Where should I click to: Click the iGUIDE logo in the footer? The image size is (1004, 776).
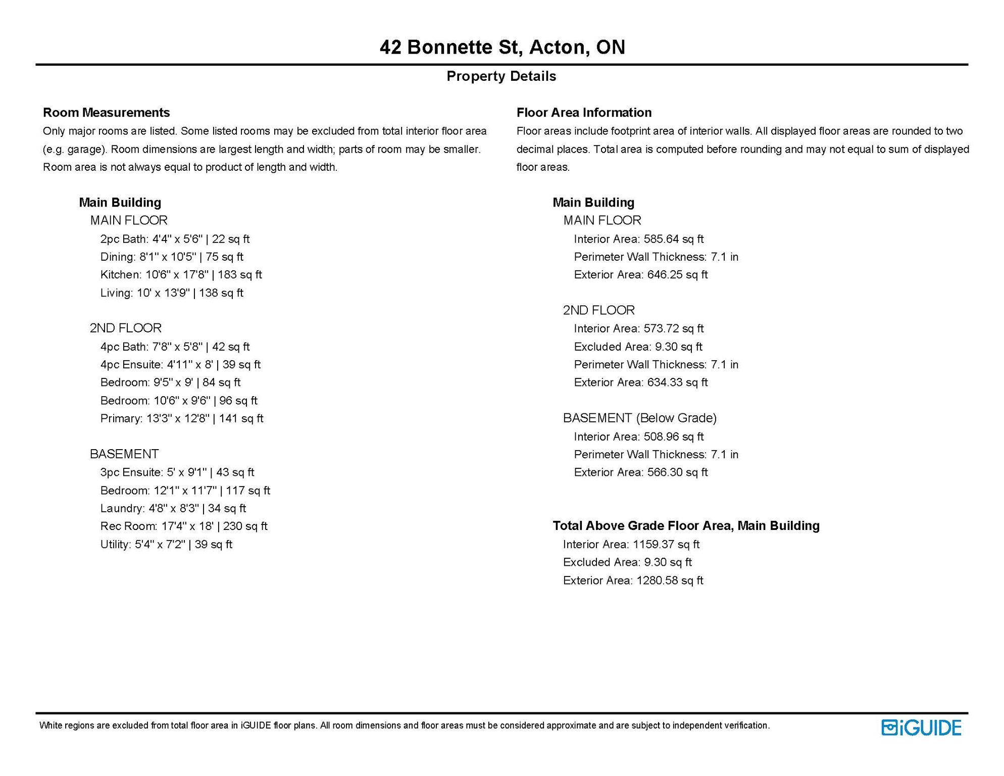pos(921,727)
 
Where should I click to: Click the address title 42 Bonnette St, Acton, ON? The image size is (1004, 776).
pos(502,47)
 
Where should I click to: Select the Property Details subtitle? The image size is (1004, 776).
pos(501,76)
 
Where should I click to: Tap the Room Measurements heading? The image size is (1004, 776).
pos(106,112)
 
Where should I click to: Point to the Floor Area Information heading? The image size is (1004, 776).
pos(584,112)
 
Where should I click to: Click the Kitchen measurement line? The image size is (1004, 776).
pos(181,275)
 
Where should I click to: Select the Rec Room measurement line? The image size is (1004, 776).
pos(184,526)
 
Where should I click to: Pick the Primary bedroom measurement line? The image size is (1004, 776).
pos(182,418)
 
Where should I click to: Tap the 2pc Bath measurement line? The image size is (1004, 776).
pos(175,239)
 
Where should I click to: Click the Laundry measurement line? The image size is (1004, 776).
pos(173,508)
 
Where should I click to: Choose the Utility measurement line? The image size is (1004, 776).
pos(166,545)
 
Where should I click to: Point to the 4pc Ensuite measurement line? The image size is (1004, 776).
pos(180,365)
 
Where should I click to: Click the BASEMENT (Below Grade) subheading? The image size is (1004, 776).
pos(639,418)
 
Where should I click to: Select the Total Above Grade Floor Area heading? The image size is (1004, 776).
pos(686,526)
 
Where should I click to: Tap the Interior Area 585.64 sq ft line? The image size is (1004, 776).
pos(638,239)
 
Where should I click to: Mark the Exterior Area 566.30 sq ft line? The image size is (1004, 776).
pos(640,472)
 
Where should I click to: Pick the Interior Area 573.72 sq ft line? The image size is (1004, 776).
pos(638,329)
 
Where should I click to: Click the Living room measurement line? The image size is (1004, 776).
pos(172,293)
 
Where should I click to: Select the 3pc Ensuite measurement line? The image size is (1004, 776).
pos(177,472)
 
